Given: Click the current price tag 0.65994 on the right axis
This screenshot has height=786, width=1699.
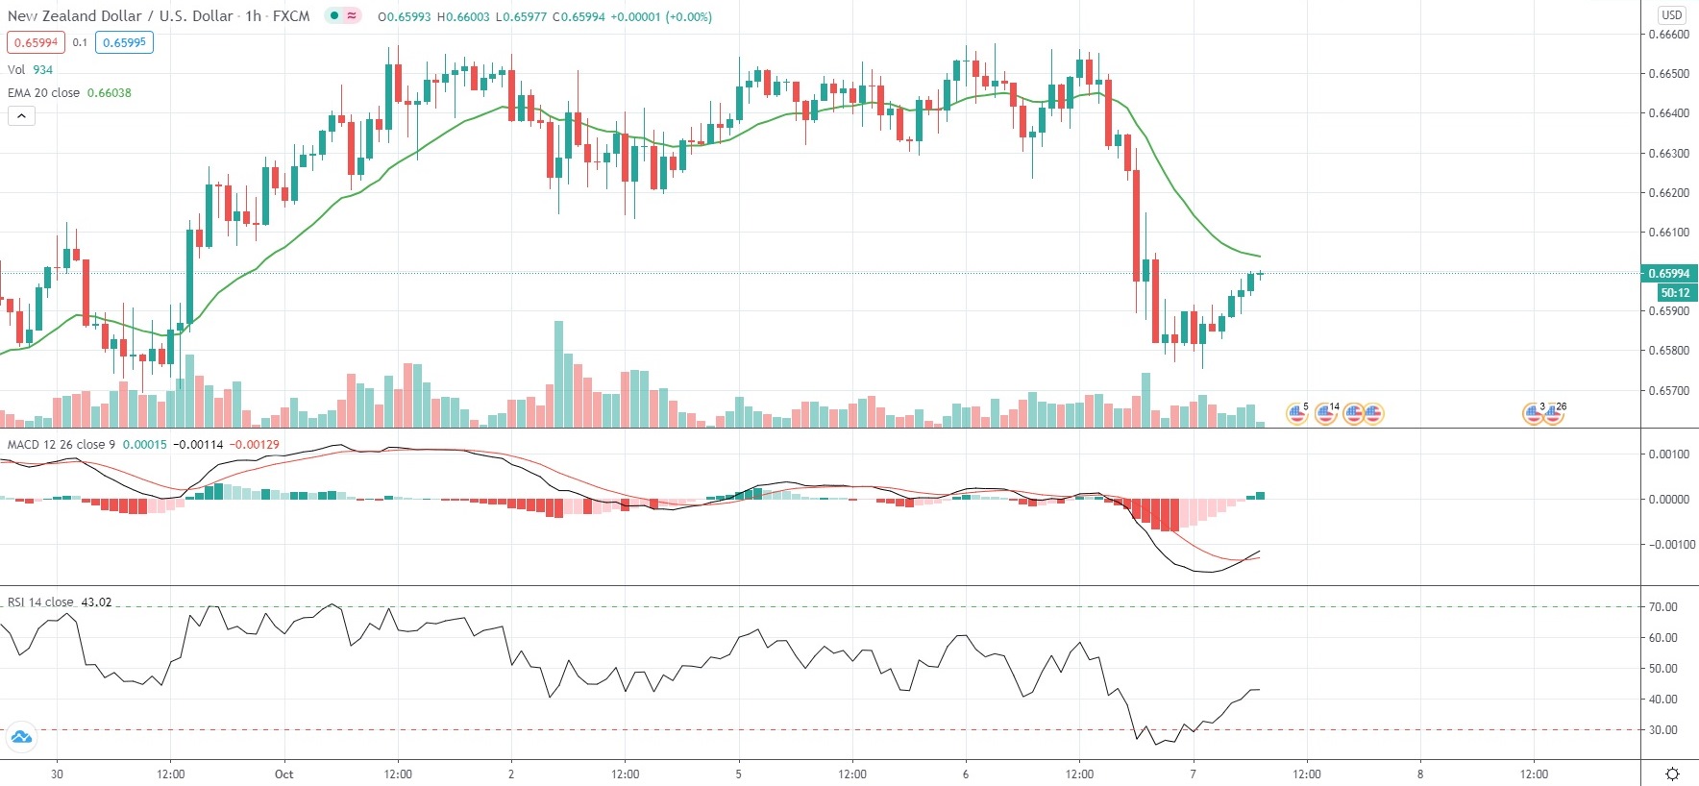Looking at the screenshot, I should coord(1669,274).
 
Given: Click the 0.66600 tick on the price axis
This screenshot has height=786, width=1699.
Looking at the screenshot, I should coord(1668,35).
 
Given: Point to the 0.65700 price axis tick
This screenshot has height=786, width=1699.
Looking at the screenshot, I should coord(1668,391).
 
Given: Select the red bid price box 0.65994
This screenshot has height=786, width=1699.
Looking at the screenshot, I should coord(36,42).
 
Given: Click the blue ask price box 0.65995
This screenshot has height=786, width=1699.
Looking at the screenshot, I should coord(124,42).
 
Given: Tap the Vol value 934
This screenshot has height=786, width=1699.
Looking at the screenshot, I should coord(43,70).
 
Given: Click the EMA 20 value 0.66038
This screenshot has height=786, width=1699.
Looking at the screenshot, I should coord(110,93).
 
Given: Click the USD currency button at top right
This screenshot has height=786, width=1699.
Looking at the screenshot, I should coord(1672,14).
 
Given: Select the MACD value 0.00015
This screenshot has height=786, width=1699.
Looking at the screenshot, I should coord(145,445).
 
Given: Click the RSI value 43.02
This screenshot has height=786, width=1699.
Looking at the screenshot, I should coord(96,602).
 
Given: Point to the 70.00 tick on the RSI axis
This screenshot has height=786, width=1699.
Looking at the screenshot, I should coord(1662,607).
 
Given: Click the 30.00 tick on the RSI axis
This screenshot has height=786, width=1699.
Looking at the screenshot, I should coord(1662,730).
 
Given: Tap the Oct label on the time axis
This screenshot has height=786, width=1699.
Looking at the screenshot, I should coord(283,774).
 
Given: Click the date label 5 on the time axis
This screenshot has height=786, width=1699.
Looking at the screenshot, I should coord(738,774).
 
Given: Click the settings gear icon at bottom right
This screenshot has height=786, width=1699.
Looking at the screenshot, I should coord(1672,774).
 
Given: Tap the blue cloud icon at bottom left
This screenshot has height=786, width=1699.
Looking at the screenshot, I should coord(21,738).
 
